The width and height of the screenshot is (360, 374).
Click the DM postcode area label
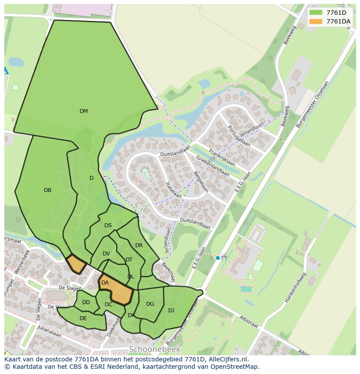tap(83, 111)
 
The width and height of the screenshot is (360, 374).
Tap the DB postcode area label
tap(48, 190)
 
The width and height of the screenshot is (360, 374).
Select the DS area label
tap(108, 225)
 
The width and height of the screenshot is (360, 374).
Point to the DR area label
tap(139, 245)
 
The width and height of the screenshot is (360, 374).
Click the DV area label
tap(106, 254)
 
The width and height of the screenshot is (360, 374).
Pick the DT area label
tap(129, 260)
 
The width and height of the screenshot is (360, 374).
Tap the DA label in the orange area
tap(105, 283)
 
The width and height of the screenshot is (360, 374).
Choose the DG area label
tap(150, 304)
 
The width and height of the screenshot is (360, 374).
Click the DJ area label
tap(171, 310)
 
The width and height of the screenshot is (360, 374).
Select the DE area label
tap(83, 318)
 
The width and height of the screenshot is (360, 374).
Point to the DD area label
tap(86, 302)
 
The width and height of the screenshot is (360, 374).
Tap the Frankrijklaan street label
tap(222, 158)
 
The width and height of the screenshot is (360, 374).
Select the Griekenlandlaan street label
tap(213, 166)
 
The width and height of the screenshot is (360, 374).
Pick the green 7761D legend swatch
tap(316, 13)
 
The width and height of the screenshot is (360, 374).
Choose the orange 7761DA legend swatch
tap(316, 21)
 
